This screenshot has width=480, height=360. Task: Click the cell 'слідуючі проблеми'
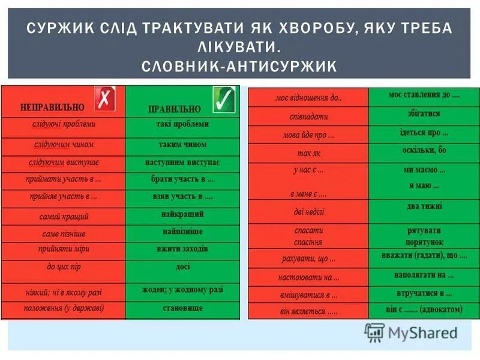(64, 124)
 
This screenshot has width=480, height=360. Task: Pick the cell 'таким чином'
(182, 145)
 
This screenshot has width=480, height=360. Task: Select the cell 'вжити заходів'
(182, 248)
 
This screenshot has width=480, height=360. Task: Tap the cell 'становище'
(182, 308)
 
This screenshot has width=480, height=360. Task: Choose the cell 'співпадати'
(308, 116)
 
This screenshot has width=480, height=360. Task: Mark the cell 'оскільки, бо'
(424, 150)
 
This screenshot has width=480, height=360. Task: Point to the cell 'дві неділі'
(308, 212)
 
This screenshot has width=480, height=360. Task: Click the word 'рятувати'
(424, 230)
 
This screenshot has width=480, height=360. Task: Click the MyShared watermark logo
(411, 332)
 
